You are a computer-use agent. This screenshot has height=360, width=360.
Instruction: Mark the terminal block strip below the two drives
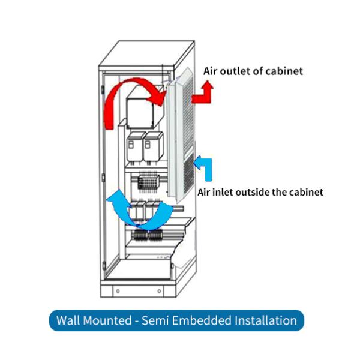[x=148, y=179]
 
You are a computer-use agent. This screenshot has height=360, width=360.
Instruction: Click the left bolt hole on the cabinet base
[x=118, y=291]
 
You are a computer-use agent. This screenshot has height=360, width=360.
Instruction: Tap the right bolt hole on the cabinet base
[x=159, y=291]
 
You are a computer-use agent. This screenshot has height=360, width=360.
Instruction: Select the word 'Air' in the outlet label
[x=210, y=71]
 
